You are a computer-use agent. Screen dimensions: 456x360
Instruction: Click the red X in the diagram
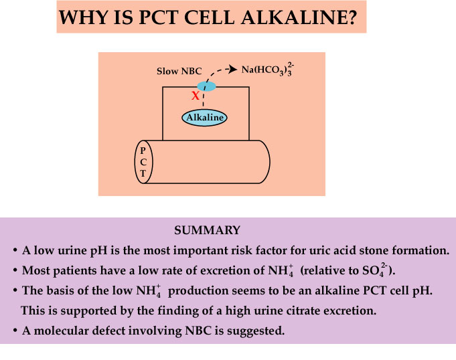(196, 95)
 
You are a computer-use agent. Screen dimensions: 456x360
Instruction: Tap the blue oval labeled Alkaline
(204, 118)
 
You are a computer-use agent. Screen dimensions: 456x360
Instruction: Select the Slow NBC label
(179, 71)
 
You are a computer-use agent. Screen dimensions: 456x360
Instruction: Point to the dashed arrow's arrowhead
(232, 69)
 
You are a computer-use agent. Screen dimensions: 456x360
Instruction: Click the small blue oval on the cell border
(206, 86)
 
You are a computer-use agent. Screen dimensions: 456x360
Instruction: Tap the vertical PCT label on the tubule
(143, 162)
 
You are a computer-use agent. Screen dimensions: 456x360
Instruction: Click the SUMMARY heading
(207, 230)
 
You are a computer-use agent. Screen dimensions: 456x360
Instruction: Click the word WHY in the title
(84, 17)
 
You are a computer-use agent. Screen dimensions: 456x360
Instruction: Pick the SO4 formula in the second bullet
(375, 270)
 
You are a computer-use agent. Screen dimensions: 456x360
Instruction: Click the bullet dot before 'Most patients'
(15, 271)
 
